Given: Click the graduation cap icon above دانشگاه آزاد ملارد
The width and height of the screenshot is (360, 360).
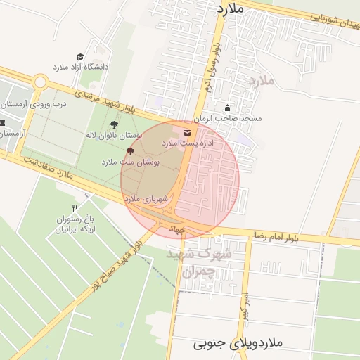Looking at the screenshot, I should [x=80, y=56].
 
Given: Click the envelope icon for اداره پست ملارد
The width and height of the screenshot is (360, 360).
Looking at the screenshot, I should [x=186, y=132].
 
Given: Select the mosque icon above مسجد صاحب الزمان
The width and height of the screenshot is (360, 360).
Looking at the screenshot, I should [x=227, y=108].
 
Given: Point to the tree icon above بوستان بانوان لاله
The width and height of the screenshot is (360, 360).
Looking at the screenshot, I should [x=114, y=124].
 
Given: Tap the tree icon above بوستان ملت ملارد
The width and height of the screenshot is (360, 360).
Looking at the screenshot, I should [x=130, y=150].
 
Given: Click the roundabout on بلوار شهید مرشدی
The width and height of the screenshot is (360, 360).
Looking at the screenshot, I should [x=40, y=82].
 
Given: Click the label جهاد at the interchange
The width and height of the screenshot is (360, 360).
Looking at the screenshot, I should [x=174, y=229].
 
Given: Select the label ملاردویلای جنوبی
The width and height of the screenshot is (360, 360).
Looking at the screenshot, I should [x=237, y=343].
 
